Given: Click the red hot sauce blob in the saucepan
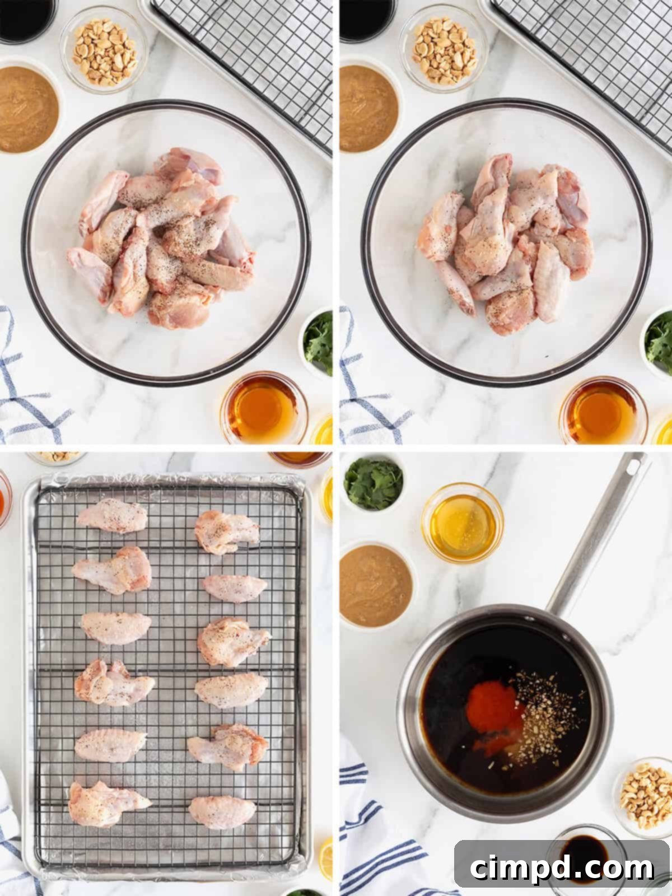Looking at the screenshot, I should click(x=489, y=707).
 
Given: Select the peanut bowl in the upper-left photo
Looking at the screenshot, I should click(x=105, y=50).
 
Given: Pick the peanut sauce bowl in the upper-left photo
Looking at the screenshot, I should click(x=25, y=109).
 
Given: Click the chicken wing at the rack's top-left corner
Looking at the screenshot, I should click(x=112, y=516).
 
